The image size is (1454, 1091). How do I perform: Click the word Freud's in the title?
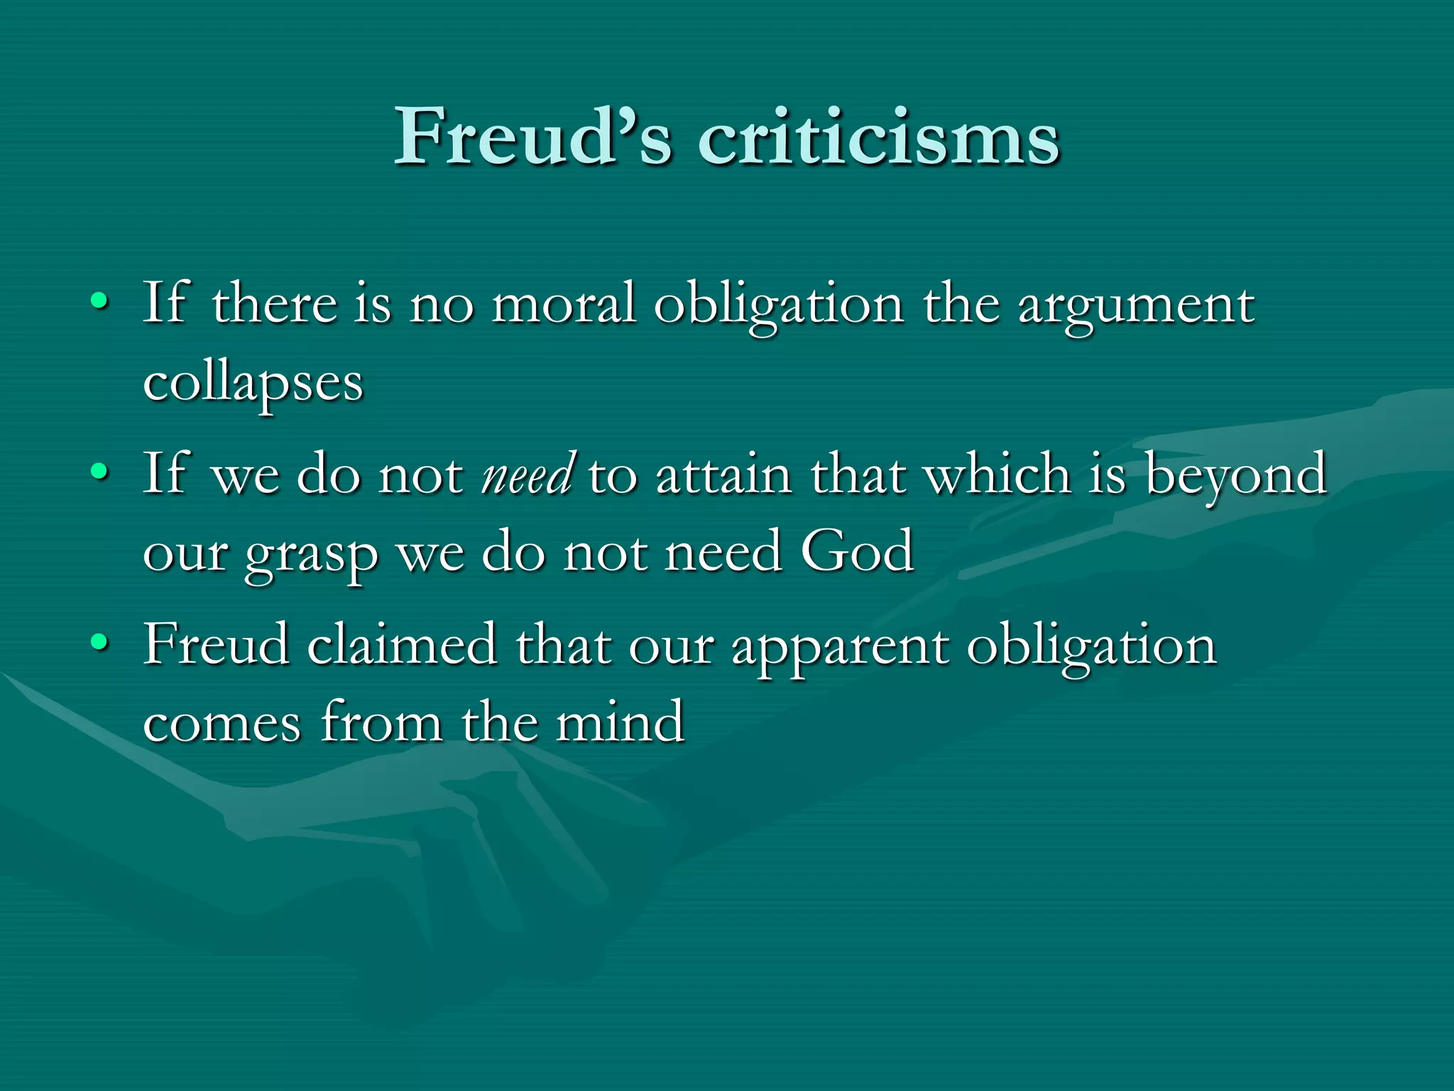click(532, 136)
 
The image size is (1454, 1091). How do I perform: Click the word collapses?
click(253, 384)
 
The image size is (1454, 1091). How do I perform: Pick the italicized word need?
click(527, 474)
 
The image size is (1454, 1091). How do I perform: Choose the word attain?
click(723, 474)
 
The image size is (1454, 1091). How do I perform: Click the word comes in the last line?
click(222, 723)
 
